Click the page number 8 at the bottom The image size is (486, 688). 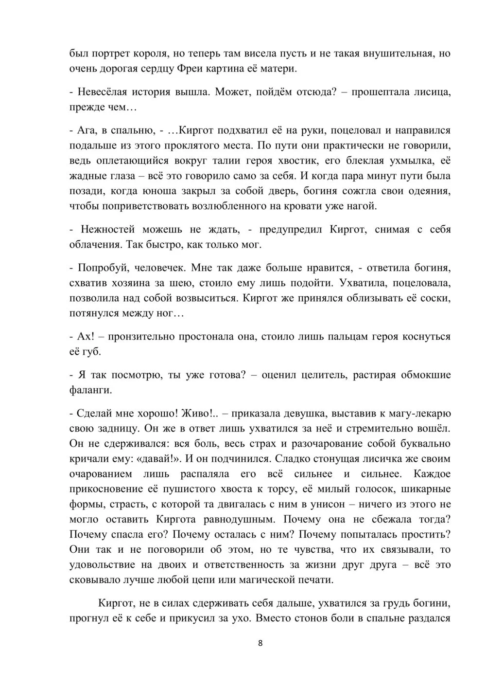[x=260, y=643]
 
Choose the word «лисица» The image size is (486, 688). [x=434, y=92]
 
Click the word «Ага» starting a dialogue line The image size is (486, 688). [x=86, y=130]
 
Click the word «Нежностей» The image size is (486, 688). [x=107, y=229]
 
